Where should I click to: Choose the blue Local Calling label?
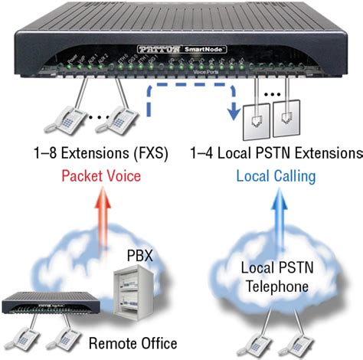coord(275,176)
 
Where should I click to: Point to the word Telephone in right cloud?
coord(273,286)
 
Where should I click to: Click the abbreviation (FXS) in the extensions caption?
coord(155,150)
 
